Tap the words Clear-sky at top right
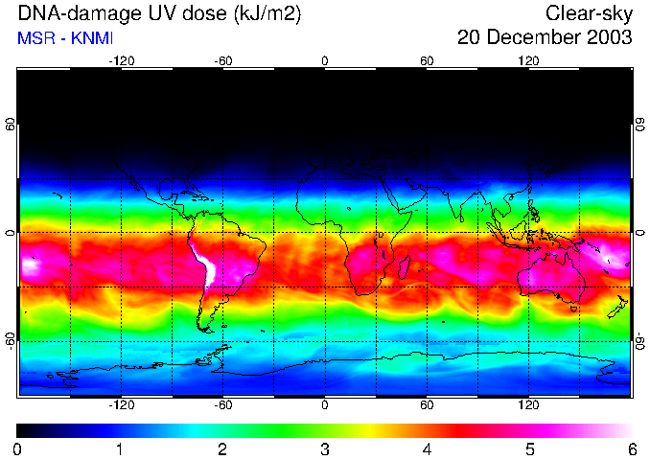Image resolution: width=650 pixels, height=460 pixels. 590,13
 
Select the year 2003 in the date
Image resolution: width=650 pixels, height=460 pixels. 609,38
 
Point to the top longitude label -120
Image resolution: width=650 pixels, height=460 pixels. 121,60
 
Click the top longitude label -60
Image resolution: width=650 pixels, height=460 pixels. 222,60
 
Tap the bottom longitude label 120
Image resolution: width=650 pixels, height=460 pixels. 528,405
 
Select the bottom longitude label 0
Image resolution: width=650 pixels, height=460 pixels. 325,405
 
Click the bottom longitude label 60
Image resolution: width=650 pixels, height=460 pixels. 427,405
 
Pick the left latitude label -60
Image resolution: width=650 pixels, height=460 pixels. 11,340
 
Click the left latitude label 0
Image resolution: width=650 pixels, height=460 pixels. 11,233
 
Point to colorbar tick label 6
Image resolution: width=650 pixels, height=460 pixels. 631,448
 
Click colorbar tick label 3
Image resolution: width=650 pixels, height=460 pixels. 324,448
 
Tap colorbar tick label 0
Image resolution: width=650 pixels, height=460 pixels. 18,448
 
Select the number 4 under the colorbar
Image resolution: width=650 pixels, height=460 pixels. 427,448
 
